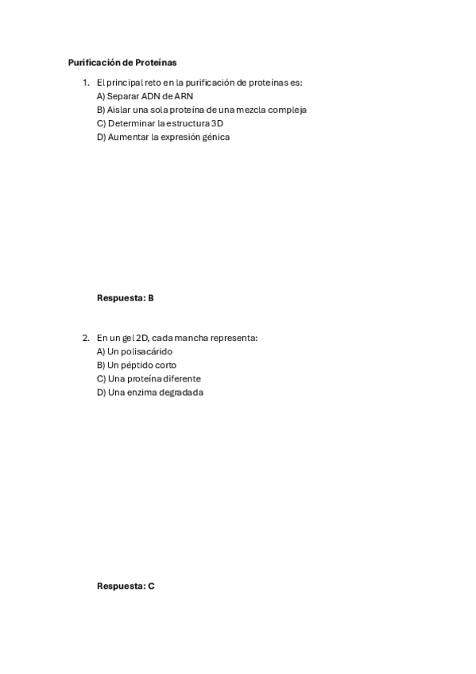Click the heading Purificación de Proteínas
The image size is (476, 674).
click(x=122, y=62)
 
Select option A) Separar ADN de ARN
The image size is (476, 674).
click(x=145, y=96)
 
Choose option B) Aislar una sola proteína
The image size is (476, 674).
click(x=201, y=110)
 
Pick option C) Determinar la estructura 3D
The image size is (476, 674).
click(x=160, y=123)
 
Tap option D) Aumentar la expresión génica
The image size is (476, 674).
click(x=163, y=137)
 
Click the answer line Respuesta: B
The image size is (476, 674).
click(x=125, y=298)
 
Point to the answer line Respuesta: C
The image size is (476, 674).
click(x=126, y=586)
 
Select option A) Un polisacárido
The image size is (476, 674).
click(x=134, y=351)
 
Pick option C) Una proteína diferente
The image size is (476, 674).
click(x=149, y=378)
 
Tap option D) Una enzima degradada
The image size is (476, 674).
click(x=150, y=392)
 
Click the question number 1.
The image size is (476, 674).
click(x=85, y=83)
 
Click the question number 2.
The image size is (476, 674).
click(x=85, y=338)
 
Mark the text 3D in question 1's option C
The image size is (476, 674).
click(x=218, y=123)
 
